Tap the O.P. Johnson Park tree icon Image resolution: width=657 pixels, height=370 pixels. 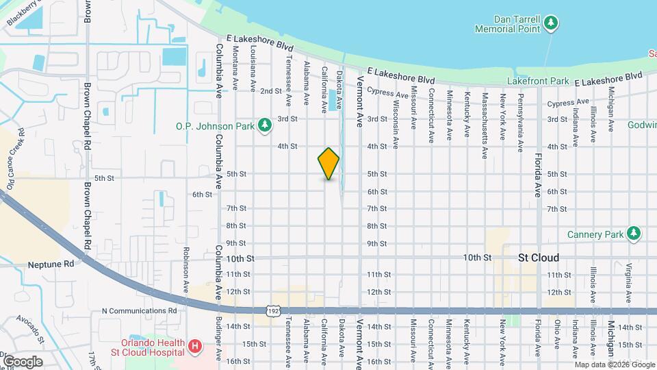(x=265, y=125)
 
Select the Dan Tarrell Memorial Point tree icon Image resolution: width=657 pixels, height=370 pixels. (x=551, y=25)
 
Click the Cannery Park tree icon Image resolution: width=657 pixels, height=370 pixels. (x=634, y=234)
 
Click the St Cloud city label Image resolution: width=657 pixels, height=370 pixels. (x=539, y=258)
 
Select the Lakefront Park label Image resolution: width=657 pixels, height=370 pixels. (x=538, y=81)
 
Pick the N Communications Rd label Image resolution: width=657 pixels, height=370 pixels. (x=139, y=310)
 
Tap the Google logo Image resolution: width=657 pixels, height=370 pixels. (x=22, y=361)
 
